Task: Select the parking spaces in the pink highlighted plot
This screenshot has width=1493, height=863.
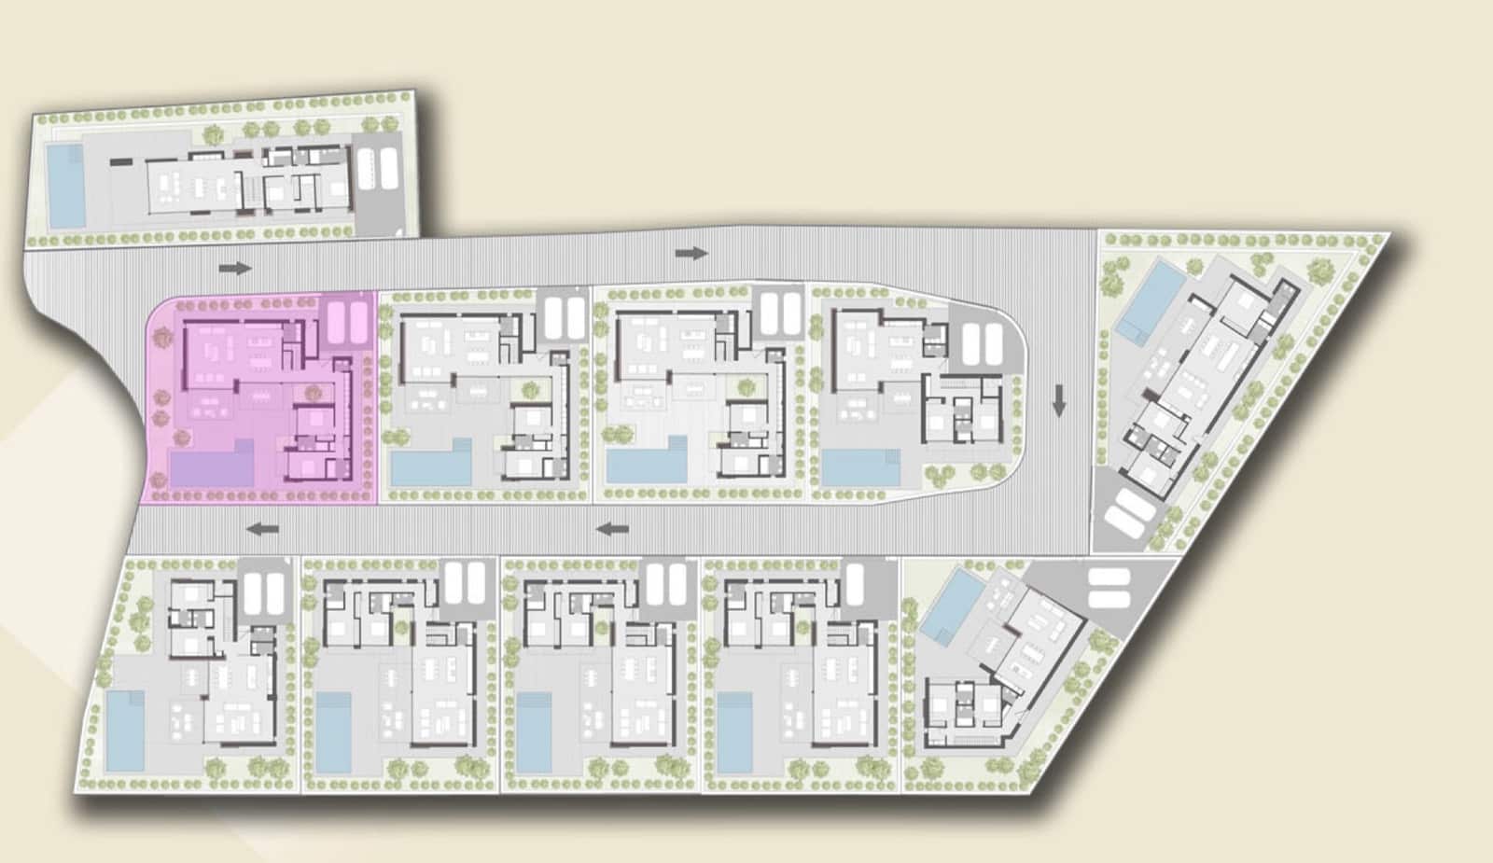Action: point(347,320)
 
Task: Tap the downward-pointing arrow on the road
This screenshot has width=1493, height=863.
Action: point(1058,400)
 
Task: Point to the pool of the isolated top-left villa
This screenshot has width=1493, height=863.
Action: point(64,186)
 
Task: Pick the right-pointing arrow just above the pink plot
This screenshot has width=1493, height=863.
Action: point(236,269)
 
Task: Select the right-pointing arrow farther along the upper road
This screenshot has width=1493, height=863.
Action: point(691,253)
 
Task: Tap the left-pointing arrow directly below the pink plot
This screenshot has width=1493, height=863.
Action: point(263,529)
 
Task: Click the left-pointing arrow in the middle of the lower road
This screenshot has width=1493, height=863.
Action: point(613,529)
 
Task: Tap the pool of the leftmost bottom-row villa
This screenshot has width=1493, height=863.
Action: point(124,731)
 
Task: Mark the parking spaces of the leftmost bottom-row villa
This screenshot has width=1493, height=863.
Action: point(264,594)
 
